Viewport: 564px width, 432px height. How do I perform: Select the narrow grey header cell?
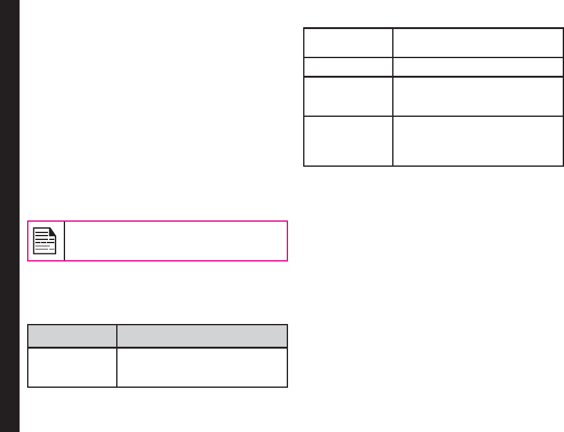point(72,335)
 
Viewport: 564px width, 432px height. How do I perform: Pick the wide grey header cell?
point(202,335)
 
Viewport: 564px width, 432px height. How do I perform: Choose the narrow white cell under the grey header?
point(72,367)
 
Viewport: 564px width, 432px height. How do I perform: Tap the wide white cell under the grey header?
point(202,367)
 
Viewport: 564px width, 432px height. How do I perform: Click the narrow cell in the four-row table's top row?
point(348,42)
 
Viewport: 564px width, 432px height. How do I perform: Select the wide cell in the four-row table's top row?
point(477,42)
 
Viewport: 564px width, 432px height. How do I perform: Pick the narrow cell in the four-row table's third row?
point(348,96)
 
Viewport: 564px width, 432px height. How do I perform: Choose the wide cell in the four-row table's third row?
point(477,96)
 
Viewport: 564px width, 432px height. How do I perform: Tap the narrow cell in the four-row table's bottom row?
point(348,141)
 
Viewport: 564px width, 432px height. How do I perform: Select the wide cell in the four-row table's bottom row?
point(477,141)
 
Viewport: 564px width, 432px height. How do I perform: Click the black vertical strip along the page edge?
point(9,216)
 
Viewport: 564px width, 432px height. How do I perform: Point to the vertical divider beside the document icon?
point(64,241)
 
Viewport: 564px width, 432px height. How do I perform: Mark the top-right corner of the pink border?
point(287,221)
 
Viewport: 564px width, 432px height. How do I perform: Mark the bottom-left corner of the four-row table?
point(304,165)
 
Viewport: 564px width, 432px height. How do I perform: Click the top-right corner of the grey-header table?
point(287,325)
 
